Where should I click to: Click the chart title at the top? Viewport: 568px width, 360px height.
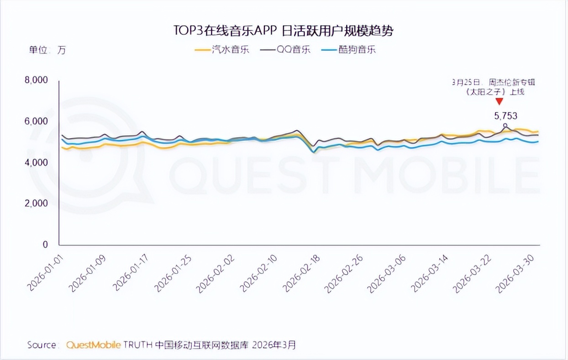coord(283,31)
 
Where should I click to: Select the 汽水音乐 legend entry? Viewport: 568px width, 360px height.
coord(222,49)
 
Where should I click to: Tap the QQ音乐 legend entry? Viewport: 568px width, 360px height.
coord(285,49)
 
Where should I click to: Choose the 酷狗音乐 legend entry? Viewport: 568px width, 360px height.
coord(348,49)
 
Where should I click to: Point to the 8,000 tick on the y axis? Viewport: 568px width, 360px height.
coord(36,80)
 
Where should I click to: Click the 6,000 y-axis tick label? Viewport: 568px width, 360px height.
coord(36,121)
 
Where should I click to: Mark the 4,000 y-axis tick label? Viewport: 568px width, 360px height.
coord(36,162)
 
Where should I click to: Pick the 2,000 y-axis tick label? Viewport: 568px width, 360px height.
coord(36,203)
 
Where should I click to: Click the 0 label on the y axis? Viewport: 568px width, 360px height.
coord(45,244)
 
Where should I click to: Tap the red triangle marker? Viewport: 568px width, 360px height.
coord(499,101)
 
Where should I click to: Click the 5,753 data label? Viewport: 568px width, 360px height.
coord(505,116)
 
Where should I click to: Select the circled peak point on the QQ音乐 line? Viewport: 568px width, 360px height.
coord(505,125)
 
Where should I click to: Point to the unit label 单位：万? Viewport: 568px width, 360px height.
coord(47,50)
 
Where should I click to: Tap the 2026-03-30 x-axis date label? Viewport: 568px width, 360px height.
coord(515,274)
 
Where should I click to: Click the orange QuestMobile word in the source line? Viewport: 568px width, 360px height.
coord(94,345)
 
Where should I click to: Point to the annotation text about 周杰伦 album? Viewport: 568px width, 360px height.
coord(494,87)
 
